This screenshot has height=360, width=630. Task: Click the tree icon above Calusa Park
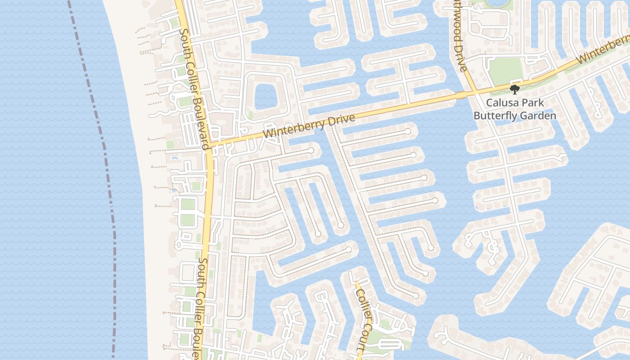point(515,90)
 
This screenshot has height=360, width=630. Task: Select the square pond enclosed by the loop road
point(267,96)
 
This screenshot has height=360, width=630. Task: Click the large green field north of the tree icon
point(506,71)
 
